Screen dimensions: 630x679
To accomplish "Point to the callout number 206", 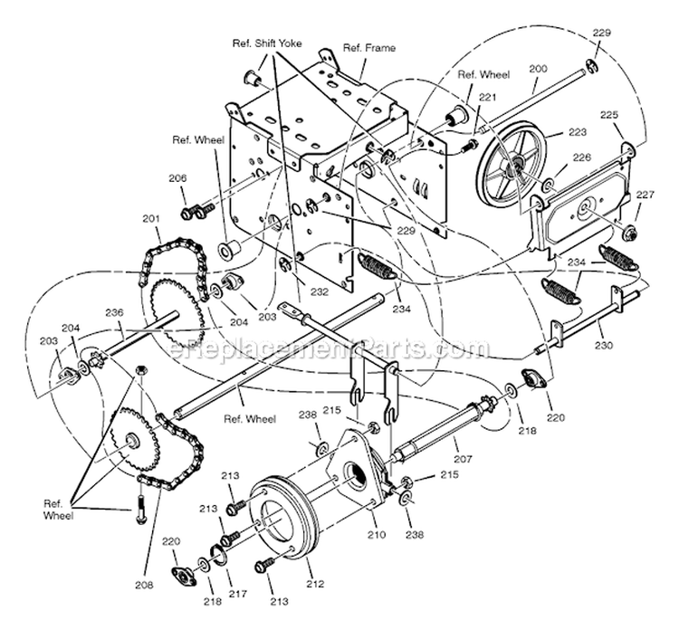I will tap(177, 179).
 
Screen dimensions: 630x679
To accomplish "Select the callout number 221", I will tap(488, 97).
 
